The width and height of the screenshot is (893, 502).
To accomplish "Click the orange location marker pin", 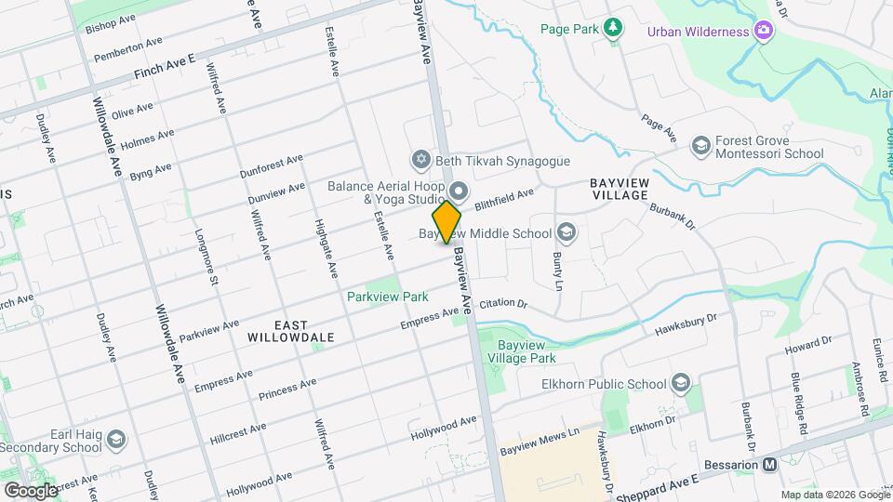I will (447, 222).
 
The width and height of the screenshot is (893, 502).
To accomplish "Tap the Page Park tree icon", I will (612, 29).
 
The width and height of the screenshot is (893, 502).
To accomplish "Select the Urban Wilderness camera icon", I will (764, 33).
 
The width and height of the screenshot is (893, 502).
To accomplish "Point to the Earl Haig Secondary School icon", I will (115, 438).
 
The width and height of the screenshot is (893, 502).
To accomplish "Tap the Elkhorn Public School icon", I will (681, 384).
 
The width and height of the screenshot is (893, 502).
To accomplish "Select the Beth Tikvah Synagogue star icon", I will (420, 161).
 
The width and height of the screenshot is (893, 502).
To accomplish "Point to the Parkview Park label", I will (387, 297).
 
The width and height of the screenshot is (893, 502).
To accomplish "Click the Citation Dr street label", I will (503, 305).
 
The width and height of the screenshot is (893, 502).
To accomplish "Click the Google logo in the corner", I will (31, 490).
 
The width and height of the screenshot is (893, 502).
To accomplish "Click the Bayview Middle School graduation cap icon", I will (566, 232).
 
